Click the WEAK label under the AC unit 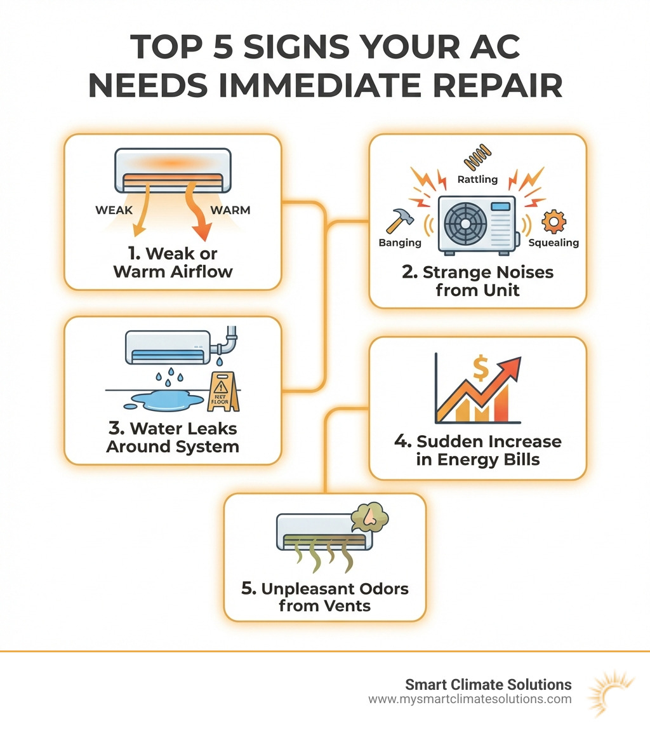coord(114,210)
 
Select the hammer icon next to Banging coord(400,220)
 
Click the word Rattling coord(477,180)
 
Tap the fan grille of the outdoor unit coord(467,224)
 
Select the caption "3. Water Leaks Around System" coord(172,438)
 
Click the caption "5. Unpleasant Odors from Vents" coord(324,597)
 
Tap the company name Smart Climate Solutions coord(488,685)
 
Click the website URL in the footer coord(470,699)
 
